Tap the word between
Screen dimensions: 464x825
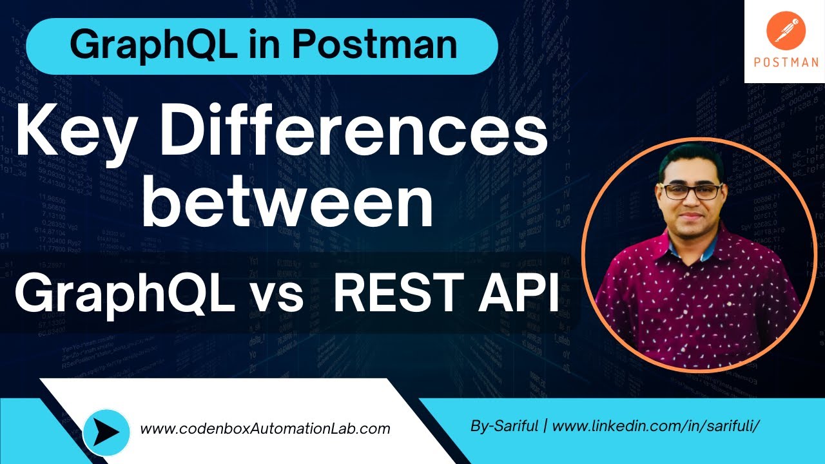pos(287,202)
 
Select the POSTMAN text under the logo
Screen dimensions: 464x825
pos(786,63)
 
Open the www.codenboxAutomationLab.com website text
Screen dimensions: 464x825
pos(265,429)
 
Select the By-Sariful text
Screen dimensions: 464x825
pos(505,426)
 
